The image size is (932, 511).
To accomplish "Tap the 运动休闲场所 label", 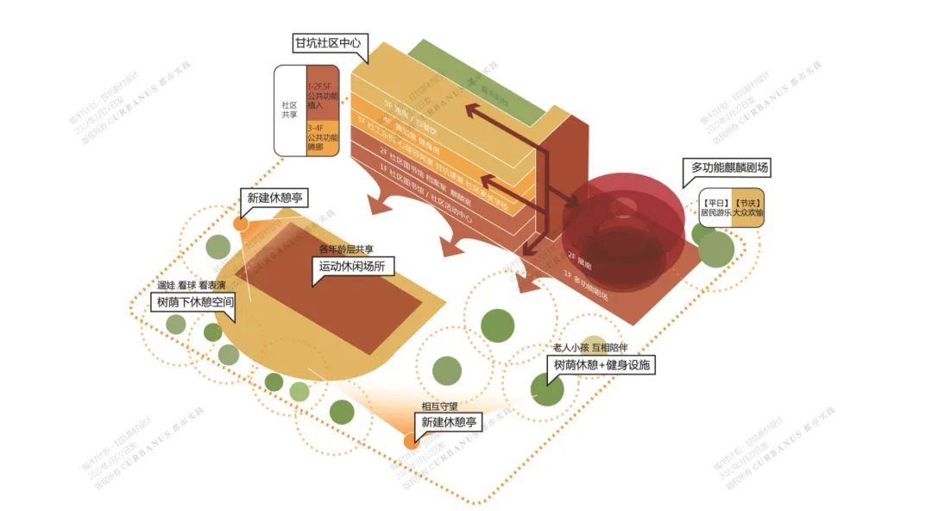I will point(351,267).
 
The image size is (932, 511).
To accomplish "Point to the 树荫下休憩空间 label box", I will point(193,303).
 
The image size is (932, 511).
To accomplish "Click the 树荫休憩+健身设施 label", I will point(601,365).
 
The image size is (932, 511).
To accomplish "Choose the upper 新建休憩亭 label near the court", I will point(276,198).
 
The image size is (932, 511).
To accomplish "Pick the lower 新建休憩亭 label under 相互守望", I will point(448,422).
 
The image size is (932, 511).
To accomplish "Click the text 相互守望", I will point(440,406).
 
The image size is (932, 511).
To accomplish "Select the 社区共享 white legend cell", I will point(289,112).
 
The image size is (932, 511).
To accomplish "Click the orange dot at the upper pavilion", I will point(241,224).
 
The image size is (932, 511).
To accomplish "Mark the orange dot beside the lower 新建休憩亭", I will point(411,441).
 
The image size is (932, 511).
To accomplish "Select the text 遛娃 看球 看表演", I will point(191,285).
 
